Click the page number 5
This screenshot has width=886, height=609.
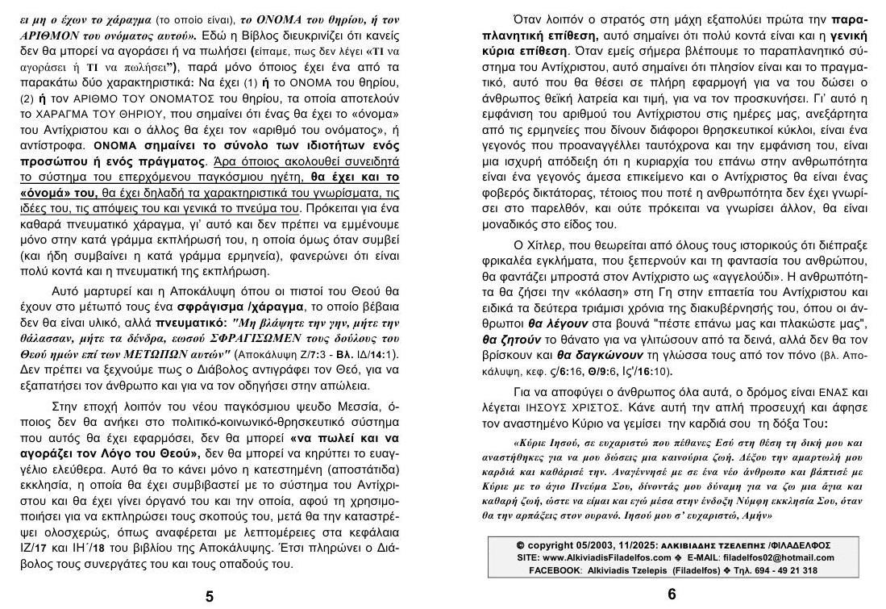[x=209, y=596]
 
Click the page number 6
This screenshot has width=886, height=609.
[x=672, y=594]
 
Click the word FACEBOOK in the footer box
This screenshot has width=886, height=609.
[x=555, y=570]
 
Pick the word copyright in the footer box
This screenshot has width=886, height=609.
[x=554, y=545]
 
